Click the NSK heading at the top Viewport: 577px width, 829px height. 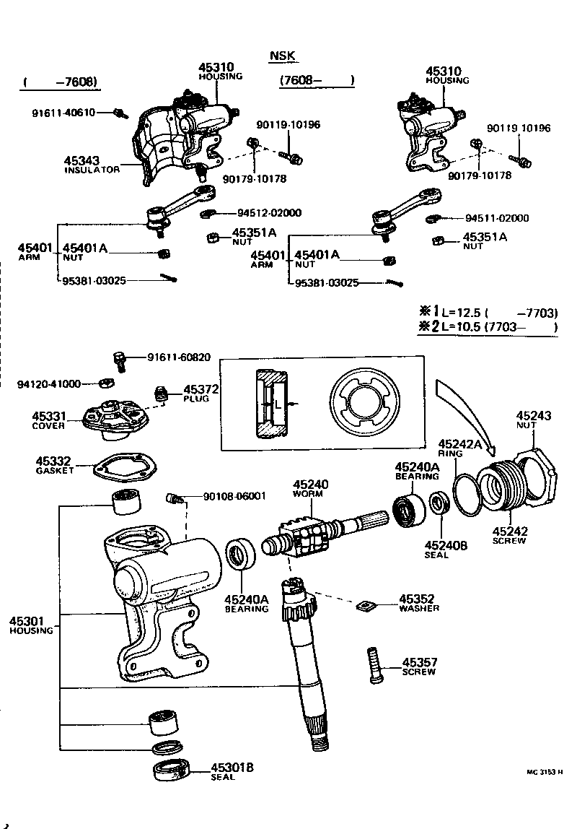(283, 56)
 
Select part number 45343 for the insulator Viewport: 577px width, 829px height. (82, 161)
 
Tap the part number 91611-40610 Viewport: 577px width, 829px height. (63, 113)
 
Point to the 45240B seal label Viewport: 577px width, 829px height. (446, 545)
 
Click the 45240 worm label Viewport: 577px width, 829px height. (310, 485)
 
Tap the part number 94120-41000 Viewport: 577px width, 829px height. (49, 383)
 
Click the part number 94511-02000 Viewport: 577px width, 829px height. (497, 218)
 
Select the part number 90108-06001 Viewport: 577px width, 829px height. (234, 496)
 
